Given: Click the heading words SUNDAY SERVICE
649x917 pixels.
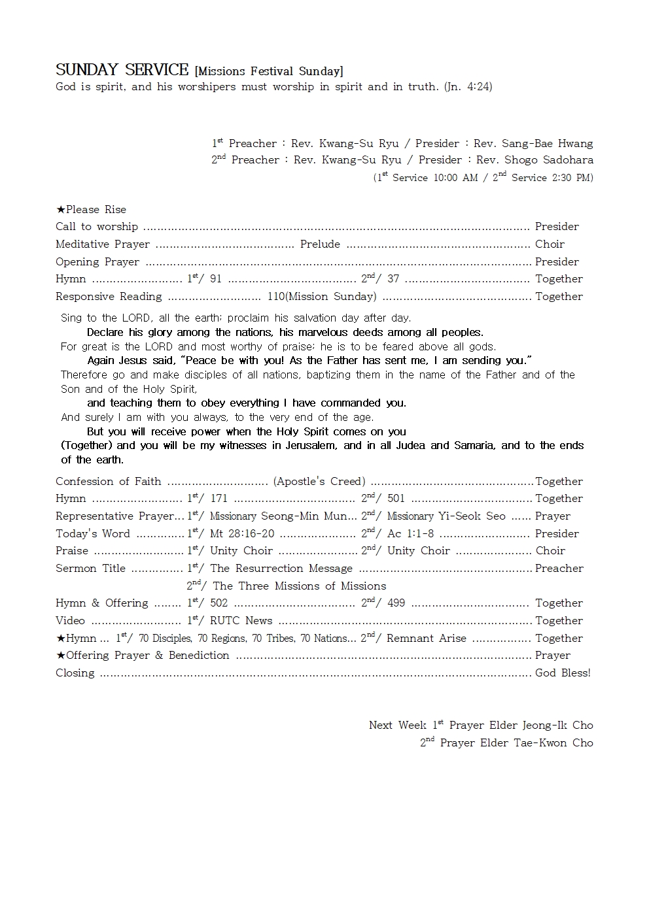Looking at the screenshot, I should click(122, 70).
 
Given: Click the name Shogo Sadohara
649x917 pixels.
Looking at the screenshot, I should click(549, 159).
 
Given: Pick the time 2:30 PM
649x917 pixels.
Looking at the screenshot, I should click(571, 178).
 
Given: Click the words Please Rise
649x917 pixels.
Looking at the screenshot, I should click(96, 209).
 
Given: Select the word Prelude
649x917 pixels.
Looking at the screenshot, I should click(320, 244).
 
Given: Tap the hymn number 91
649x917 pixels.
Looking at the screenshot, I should click(215, 279).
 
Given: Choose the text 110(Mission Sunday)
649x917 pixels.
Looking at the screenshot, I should click(321, 296).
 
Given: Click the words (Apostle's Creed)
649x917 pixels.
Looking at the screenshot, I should click(319, 481).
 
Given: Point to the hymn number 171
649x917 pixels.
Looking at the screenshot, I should click(219, 499).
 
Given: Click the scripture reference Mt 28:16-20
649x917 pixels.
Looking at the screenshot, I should click(242, 534).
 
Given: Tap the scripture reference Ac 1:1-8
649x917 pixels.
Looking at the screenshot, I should click(410, 534).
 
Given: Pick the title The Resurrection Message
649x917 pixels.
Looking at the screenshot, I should click(281, 569).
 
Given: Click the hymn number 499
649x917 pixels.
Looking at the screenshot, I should click(396, 603).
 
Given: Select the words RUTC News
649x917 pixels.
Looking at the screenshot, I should click(241, 621).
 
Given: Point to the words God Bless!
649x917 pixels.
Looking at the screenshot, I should click(563, 673).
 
